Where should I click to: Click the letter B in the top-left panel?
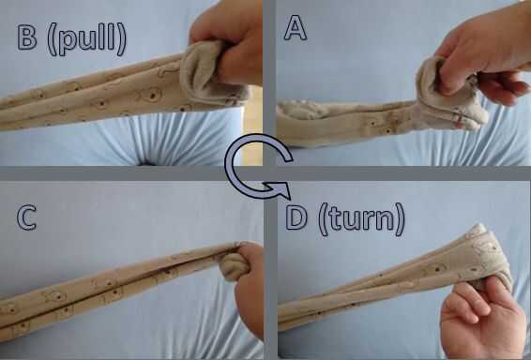click(x=27, y=37)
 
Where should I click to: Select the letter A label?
click(x=296, y=27)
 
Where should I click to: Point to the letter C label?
click(x=26, y=217)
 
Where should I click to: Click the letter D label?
click(x=296, y=217)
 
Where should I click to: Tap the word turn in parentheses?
click(x=362, y=219)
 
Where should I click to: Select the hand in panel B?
click(x=226, y=42)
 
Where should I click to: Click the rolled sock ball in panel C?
click(x=234, y=266)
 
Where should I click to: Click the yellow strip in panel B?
click(x=252, y=126)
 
